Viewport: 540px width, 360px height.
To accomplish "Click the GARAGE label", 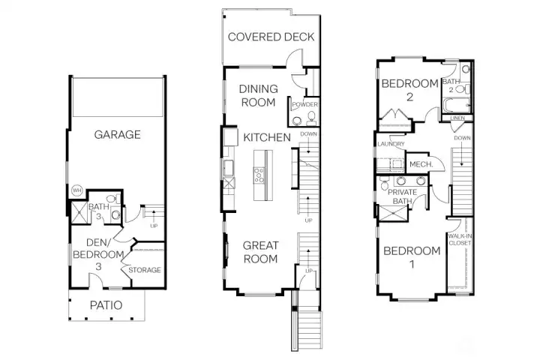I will (117, 135).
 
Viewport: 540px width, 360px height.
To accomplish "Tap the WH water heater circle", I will (76, 190).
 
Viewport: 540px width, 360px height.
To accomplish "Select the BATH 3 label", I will (99, 211).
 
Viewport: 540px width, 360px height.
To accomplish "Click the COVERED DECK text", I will (271, 37).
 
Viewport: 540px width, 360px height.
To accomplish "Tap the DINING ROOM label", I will (258, 95).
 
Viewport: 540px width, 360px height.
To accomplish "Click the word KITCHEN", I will (266, 137).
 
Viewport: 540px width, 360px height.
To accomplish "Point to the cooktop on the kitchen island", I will (259, 175).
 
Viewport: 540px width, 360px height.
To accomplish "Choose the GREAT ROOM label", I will (259, 252).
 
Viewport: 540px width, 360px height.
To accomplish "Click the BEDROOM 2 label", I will (409, 90).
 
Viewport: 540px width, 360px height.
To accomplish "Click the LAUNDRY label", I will (391, 144).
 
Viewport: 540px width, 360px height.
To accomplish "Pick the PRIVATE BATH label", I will (403, 196).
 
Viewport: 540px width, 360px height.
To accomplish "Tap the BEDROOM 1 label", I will (412, 257).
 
